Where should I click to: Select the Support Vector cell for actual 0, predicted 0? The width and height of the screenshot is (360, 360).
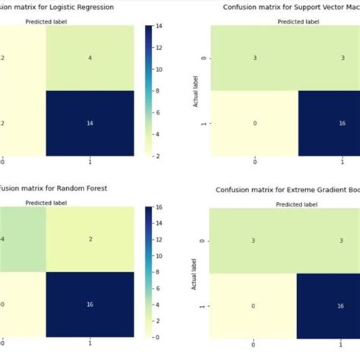point(254,57)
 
